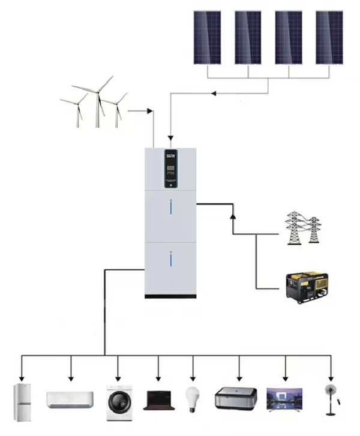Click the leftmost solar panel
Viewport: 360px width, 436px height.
click(x=207, y=37)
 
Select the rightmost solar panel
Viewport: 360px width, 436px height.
click(x=329, y=37)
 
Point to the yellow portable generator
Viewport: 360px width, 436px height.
click(x=308, y=286)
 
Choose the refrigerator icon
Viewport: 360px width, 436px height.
click(x=23, y=402)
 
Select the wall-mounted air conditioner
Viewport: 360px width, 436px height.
click(x=70, y=399)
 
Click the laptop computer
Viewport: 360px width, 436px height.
click(x=159, y=399)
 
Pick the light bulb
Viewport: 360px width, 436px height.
click(x=193, y=398)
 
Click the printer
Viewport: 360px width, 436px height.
click(x=236, y=398)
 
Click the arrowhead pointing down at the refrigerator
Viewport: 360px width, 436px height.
click(x=22, y=378)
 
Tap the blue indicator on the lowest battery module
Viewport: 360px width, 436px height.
click(x=170, y=261)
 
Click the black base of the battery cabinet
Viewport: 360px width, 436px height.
click(x=170, y=296)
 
